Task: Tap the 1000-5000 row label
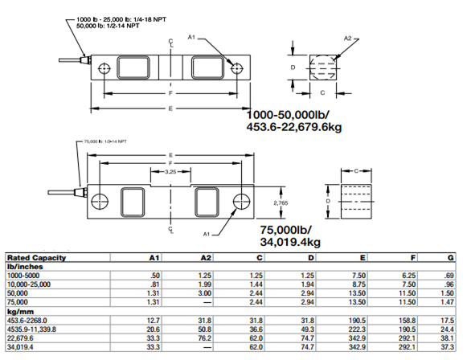[23, 276]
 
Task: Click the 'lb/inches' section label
[23, 267]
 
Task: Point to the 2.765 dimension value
[281, 203]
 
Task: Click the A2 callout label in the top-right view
[348, 37]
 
